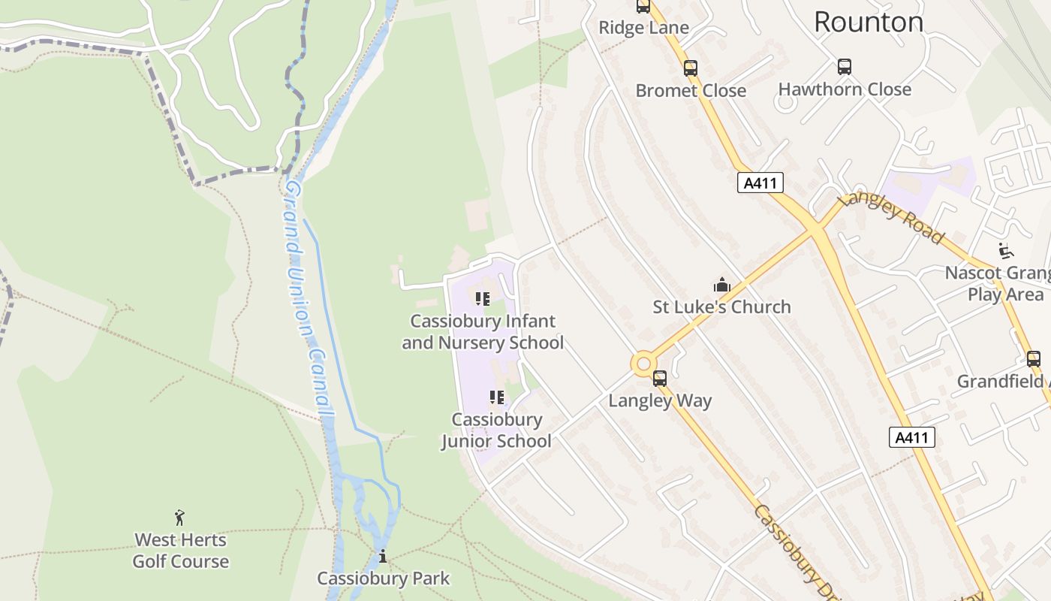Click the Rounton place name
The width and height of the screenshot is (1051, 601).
(869, 23)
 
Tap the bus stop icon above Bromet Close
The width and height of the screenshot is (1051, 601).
(691, 68)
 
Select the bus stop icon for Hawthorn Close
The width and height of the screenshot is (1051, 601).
(845, 67)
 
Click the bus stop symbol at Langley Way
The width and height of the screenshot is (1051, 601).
(660, 379)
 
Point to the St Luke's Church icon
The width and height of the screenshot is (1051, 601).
(721, 285)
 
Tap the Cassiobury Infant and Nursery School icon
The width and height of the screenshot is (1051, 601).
(483, 299)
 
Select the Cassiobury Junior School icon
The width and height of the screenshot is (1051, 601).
(496, 397)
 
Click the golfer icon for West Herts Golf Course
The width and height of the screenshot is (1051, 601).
(180, 518)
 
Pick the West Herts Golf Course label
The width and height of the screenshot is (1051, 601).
(181, 551)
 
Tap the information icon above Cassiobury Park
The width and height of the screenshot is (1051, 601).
(383, 557)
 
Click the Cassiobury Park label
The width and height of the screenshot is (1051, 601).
(383, 578)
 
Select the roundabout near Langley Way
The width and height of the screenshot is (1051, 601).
(643, 364)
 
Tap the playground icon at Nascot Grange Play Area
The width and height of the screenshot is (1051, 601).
(1006, 250)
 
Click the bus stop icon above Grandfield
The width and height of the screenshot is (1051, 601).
(1034, 359)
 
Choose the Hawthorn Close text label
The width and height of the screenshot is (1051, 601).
(845, 89)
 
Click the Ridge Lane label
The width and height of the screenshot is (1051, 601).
(643, 29)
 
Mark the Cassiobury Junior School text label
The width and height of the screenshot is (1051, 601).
(496, 430)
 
